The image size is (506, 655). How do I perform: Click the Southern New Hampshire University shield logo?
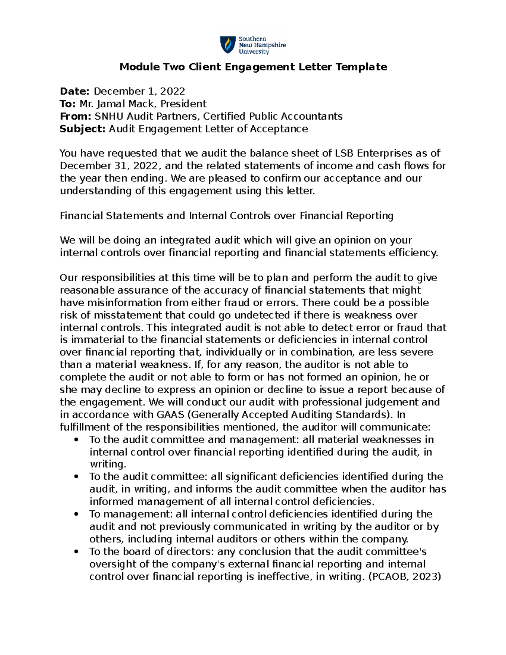(x=228, y=45)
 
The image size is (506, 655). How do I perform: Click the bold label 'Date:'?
(x=75, y=92)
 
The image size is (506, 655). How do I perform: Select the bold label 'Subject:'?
(x=83, y=129)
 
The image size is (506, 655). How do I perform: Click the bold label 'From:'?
(x=75, y=116)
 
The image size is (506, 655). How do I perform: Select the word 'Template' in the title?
(x=363, y=67)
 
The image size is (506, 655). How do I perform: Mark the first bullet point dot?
(x=76, y=440)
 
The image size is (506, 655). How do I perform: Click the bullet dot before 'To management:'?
(x=76, y=515)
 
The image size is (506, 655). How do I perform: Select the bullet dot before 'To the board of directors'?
(x=76, y=552)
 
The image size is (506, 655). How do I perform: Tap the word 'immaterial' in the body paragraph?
(x=89, y=340)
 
